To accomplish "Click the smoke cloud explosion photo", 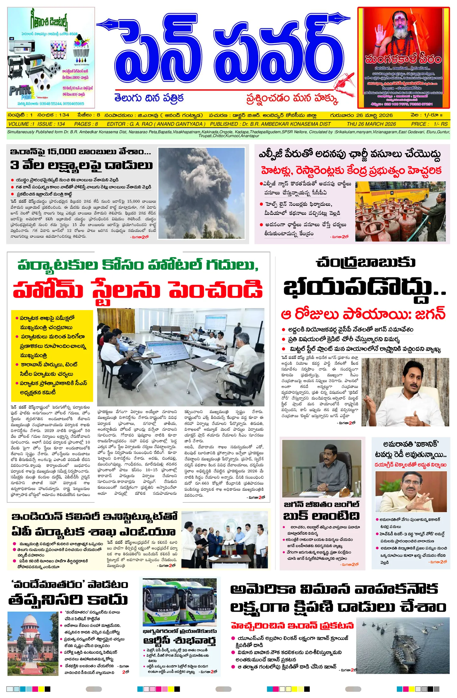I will pos(201,193).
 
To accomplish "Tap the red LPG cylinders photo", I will pos(400,211).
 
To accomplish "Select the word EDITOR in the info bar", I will pos(118,124).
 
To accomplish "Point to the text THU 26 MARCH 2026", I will pos(371,124).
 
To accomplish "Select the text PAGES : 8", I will pos(86,124).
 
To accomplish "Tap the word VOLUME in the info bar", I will pos(19,124).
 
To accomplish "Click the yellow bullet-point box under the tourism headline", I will pos(52,355).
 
